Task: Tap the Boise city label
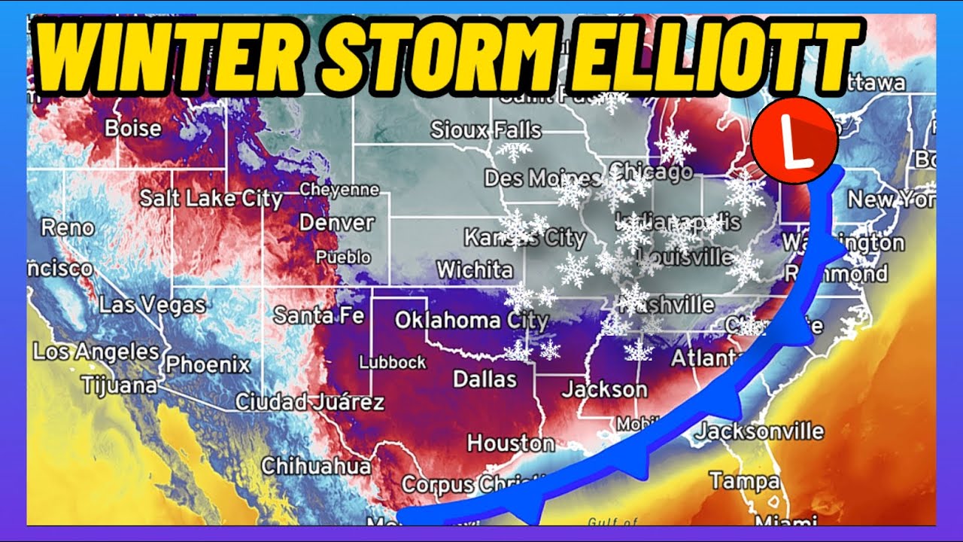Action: [x=132, y=128]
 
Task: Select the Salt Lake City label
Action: [x=211, y=199]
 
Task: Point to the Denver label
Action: [x=336, y=223]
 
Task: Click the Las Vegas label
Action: [x=152, y=306]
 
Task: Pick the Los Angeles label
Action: [x=96, y=352]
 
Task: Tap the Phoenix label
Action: [x=208, y=365]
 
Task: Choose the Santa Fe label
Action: [x=318, y=315]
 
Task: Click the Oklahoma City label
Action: [x=472, y=321]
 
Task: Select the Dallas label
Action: [x=485, y=379]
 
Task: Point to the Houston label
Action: [x=510, y=442]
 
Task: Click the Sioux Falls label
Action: [x=485, y=130]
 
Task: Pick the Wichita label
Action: [x=474, y=269]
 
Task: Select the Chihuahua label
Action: [x=316, y=466]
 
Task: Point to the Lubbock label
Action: [x=392, y=363]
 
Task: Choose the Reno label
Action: [x=68, y=227]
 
